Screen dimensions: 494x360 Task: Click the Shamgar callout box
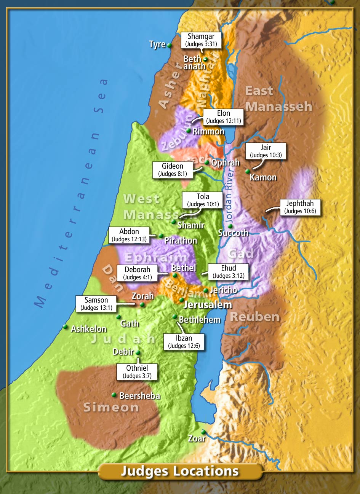201,40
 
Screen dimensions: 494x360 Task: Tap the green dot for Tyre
169,45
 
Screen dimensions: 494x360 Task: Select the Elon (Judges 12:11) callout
223,117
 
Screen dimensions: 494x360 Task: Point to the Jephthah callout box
300,207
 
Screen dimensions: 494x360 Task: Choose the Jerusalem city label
208,305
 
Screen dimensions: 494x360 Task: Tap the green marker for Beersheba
114,395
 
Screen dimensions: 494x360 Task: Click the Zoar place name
197,439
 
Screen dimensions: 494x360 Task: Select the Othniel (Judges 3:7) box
137,372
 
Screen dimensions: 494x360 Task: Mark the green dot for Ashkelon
65,327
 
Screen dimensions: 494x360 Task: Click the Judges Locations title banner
180,471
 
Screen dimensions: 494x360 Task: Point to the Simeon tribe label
111,407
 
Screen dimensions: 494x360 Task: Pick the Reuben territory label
255,317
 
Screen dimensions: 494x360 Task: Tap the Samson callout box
96,304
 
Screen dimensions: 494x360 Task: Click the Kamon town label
263,177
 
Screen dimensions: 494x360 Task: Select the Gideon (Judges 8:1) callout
173,170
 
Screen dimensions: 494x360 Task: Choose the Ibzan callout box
184,342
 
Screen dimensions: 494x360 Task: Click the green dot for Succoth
230,226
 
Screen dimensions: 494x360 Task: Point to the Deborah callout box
138,273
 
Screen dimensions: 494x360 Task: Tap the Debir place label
123,352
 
